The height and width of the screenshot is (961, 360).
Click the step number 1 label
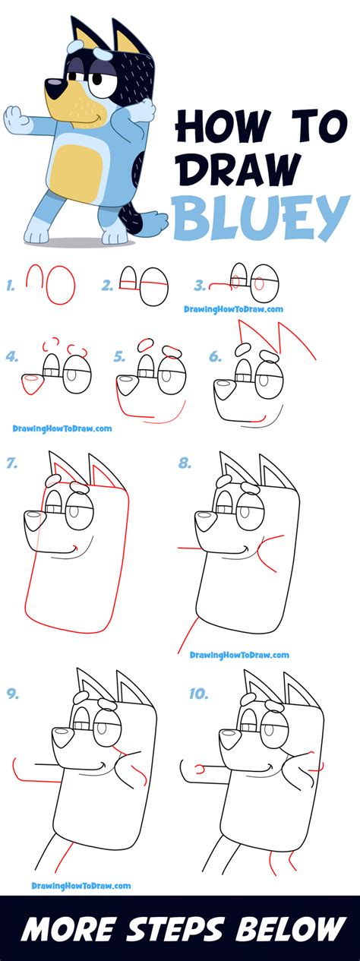coord(11,286)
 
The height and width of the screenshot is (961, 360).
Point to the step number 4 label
coord(12,356)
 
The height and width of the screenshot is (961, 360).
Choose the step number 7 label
coord(11,463)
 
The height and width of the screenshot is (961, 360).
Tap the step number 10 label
coord(198,694)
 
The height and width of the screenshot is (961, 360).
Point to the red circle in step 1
coord(61,286)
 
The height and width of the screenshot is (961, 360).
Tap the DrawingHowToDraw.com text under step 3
coord(233,309)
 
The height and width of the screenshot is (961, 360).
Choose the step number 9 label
coord(12,694)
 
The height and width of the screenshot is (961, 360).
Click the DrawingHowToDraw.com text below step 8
coord(239,655)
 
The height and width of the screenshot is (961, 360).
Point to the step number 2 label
coord(107,286)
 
